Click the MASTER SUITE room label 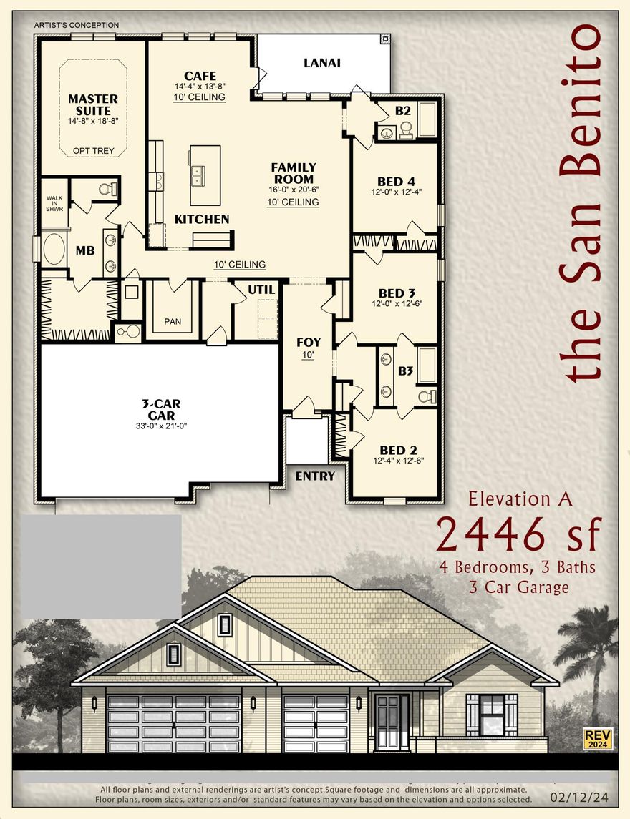(x=93, y=104)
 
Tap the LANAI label (x=321, y=63)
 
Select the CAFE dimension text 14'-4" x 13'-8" (x=200, y=87)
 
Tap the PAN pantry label (x=173, y=321)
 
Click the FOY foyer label (x=309, y=342)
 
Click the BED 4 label (x=397, y=181)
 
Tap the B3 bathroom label (x=405, y=371)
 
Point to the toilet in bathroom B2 (x=405, y=129)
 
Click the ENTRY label (x=315, y=476)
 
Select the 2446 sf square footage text (x=518, y=533)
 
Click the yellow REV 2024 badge (x=598, y=738)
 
